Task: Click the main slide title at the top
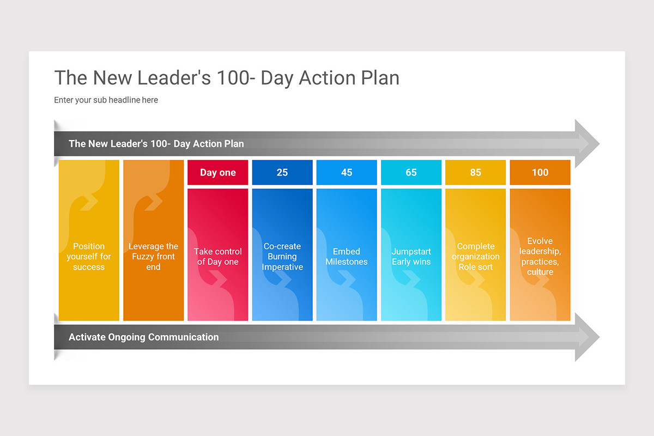[227, 77]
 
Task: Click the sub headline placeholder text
[106, 100]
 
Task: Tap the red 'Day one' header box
[217, 172]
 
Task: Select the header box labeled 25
[282, 172]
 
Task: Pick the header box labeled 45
[347, 172]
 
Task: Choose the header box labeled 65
[411, 172]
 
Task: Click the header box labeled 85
[475, 172]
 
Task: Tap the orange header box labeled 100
[540, 172]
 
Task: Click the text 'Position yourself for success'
[89, 256]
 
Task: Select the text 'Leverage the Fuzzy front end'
[153, 256]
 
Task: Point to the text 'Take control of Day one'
[217, 256]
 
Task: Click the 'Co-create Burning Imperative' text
[282, 256]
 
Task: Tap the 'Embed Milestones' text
[347, 256]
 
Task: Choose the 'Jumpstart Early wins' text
[411, 256]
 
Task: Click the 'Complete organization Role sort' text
[475, 256]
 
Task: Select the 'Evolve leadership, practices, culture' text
[540, 256]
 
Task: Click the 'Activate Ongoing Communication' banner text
[143, 337]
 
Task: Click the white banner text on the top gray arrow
[156, 144]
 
